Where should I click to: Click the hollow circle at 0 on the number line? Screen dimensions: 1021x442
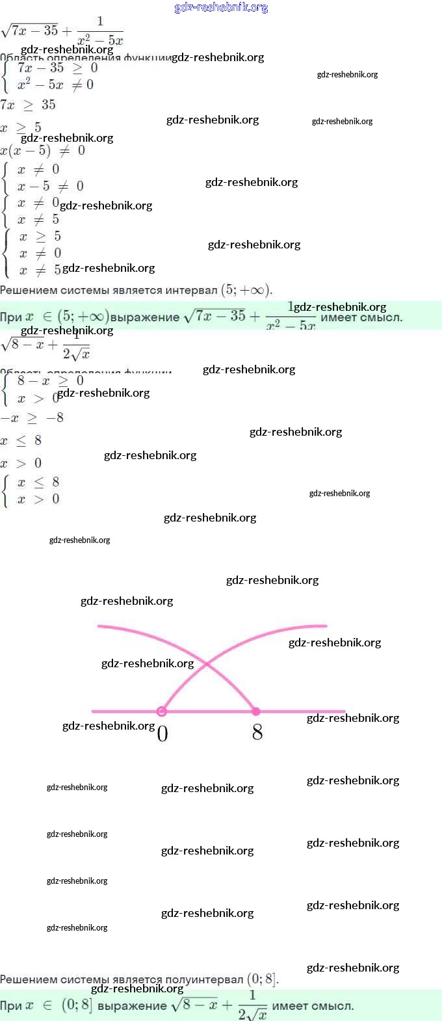pyautogui.click(x=162, y=711)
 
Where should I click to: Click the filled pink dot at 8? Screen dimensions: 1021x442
pyautogui.click(x=256, y=711)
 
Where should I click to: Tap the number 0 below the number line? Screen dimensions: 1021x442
pyautogui.click(x=162, y=734)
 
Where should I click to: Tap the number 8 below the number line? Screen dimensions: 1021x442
pyautogui.click(x=257, y=733)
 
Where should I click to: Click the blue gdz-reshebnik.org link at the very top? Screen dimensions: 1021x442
pyautogui.click(x=221, y=8)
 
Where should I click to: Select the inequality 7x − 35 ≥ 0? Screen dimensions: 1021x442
pyautogui.click(x=57, y=68)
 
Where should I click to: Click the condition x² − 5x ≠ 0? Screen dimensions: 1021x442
pyautogui.click(x=55, y=85)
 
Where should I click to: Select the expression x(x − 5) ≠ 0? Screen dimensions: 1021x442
pyautogui.click(x=43, y=151)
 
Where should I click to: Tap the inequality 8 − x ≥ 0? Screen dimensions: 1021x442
pyautogui.click(x=51, y=380)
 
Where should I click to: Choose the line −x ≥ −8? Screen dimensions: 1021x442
pyautogui.click(x=32, y=418)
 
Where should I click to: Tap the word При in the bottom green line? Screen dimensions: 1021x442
pyautogui.click(x=11, y=1006)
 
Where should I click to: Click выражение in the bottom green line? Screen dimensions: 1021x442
pyautogui.click(x=132, y=1006)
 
